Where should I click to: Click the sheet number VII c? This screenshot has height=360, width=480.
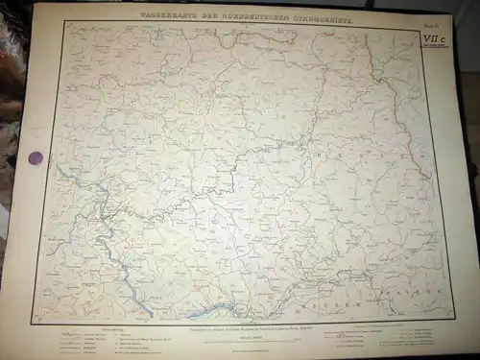click(x=433, y=35)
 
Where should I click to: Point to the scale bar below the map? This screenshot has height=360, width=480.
click(x=254, y=339)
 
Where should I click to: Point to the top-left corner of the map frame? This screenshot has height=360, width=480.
click(x=63, y=23)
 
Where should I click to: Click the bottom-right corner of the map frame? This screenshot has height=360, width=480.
click(x=453, y=317)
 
